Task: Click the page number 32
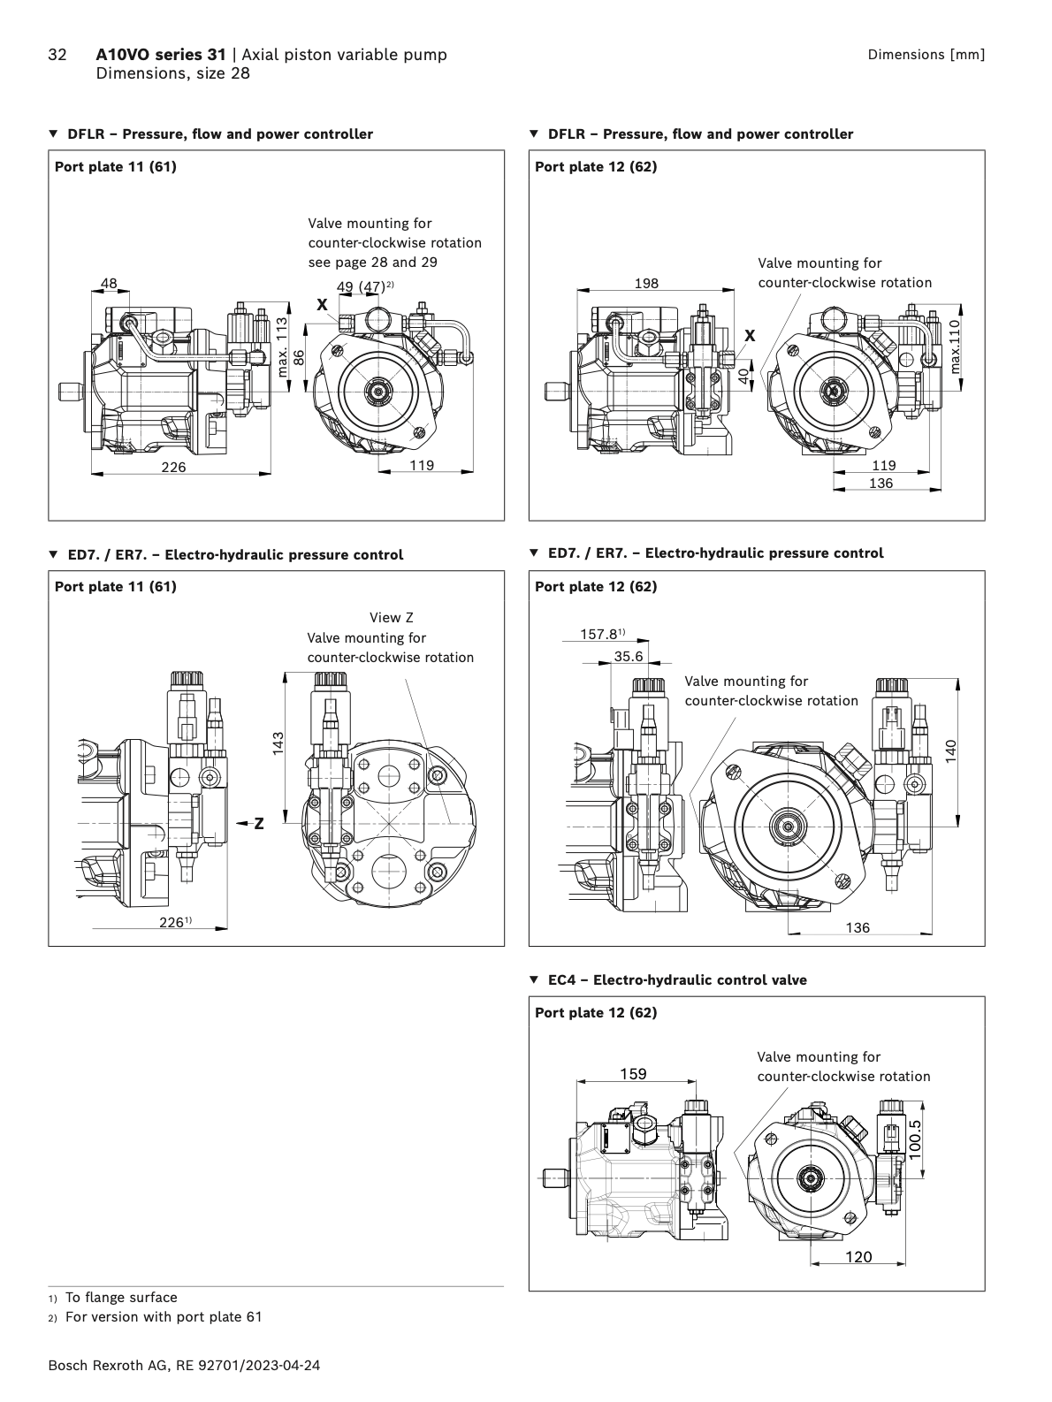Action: point(57,55)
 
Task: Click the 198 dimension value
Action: point(646,283)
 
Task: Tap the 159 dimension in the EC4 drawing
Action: point(633,1074)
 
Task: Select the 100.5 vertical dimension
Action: point(914,1139)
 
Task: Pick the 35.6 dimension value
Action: point(629,656)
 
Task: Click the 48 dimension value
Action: point(108,284)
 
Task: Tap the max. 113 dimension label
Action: point(282,347)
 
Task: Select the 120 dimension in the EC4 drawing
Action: point(858,1256)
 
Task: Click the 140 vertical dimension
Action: point(950,751)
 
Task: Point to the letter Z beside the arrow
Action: point(259,824)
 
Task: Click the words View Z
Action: point(391,618)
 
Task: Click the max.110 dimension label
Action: point(953,345)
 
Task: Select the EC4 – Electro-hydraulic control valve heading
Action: point(676,979)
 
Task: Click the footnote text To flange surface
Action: point(121,1298)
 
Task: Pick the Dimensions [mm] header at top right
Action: point(926,55)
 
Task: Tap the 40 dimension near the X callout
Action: point(744,375)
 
